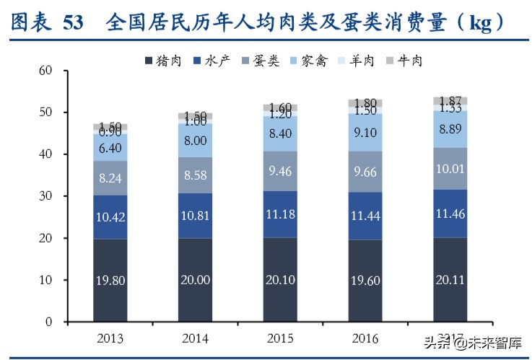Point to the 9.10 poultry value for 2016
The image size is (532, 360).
[x=367, y=133]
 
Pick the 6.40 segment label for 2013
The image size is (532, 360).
[x=110, y=149]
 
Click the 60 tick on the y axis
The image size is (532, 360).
[x=47, y=71]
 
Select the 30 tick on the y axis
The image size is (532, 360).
[x=47, y=196]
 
